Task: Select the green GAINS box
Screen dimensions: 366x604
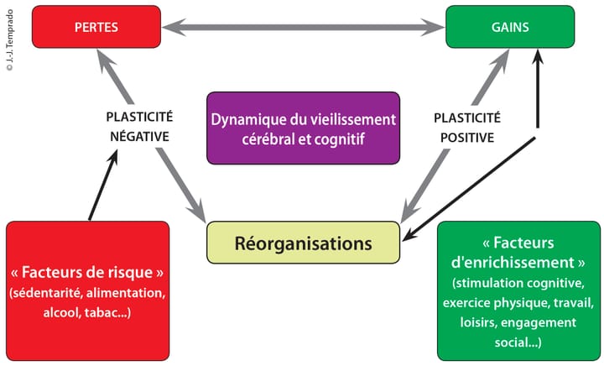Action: [510, 27]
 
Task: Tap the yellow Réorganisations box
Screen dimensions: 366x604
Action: [302, 243]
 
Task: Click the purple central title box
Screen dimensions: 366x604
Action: [302, 128]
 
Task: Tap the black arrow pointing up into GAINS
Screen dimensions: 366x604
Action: [538, 92]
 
